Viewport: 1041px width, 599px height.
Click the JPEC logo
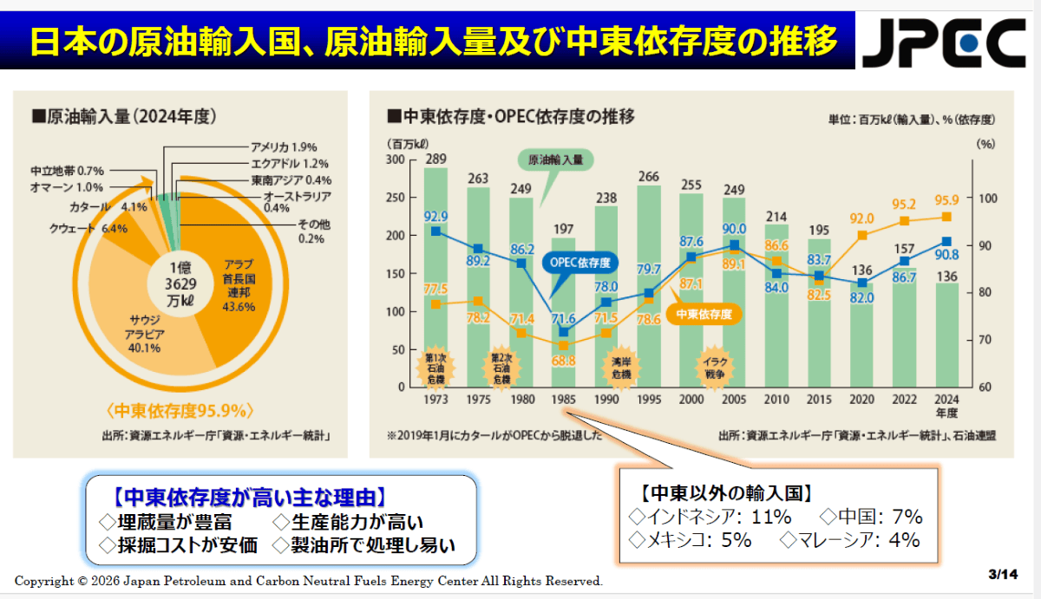pyautogui.click(x=944, y=42)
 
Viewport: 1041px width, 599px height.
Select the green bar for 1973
pyautogui.click(x=435, y=277)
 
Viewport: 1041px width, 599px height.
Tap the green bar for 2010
pyautogui.click(x=776, y=306)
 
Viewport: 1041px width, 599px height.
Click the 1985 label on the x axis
pyautogui.click(x=563, y=400)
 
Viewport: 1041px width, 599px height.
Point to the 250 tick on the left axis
pyautogui.click(x=395, y=198)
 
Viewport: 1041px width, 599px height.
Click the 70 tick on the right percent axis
pyautogui.click(x=985, y=340)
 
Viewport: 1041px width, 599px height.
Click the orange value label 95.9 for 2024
pyautogui.click(x=946, y=200)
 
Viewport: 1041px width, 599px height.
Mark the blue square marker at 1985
pyautogui.click(x=564, y=332)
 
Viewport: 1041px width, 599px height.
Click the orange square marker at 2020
pyautogui.click(x=862, y=236)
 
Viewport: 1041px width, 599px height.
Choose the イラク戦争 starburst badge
pyautogui.click(x=715, y=368)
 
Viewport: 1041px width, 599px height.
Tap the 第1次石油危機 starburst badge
pyautogui.click(x=435, y=368)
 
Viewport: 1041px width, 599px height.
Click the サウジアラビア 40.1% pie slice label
pyautogui.click(x=144, y=334)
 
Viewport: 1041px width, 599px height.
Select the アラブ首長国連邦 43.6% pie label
pyautogui.click(x=239, y=285)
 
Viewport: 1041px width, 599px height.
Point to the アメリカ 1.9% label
pyautogui.click(x=284, y=147)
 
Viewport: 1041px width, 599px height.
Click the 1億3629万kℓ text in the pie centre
pyautogui.click(x=180, y=284)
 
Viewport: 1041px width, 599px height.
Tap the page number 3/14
pyautogui.click(x=1003, y=575)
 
